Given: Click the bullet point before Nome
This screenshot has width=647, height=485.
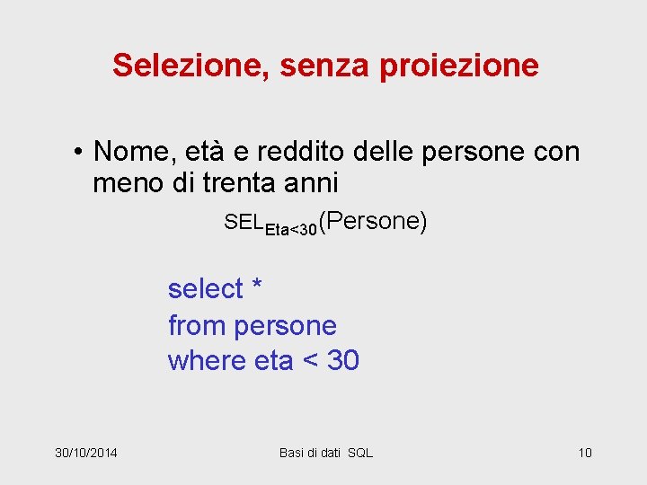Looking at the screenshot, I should tap(79, 152).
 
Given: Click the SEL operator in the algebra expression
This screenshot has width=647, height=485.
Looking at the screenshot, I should tap(244, 222).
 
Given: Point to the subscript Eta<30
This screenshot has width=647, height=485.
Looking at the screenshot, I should tap(292, 230).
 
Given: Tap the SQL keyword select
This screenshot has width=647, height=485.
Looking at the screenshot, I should tap(206, 288).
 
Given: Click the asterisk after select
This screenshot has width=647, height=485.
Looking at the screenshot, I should tap(257, 287).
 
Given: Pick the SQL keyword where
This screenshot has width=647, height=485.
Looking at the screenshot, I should tap(208, 360).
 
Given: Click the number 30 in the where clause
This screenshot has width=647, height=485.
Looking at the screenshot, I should tap(343, 360).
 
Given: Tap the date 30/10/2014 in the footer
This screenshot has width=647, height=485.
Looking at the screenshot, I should tap(85, 452).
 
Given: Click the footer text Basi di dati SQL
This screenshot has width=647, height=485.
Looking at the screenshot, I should tap(325, 452).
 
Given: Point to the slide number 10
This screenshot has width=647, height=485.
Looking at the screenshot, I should tap(585, 452).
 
